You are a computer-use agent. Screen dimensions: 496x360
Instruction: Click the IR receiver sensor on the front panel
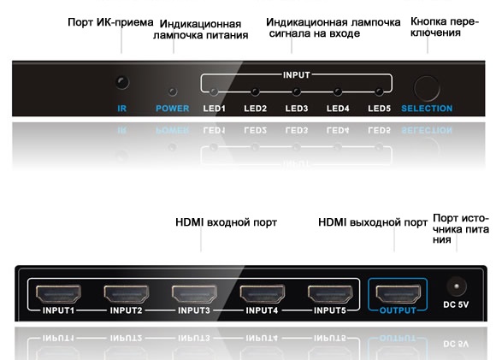[x=122, y=83]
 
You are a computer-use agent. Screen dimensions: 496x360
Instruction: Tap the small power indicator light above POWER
[x=173, y=91]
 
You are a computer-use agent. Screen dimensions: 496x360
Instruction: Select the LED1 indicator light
[x=214, y=92]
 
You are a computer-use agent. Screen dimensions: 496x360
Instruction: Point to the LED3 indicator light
[x=297, y=92]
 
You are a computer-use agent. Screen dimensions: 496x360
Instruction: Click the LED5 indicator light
[x=379, y=92]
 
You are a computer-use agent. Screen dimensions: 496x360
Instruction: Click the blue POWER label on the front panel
[x=173, y=109]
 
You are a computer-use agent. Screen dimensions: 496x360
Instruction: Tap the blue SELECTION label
[x=427, y=109]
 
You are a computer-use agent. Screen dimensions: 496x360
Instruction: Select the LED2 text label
[x=256, y=109]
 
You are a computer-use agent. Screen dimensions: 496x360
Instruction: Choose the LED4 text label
[x=338, y=109]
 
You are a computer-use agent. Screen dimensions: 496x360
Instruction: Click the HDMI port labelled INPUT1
[x=58, y=293]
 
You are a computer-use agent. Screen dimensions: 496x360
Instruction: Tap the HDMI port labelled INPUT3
[x=194, y=293]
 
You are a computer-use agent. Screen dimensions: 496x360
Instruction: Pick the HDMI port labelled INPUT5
[x=330, y=293]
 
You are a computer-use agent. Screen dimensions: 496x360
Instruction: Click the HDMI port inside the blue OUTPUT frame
[x=399, y=293]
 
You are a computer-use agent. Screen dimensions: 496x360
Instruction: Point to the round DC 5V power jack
[x=457, y=286]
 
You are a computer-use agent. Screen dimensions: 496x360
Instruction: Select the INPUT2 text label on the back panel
[x=126, y=310]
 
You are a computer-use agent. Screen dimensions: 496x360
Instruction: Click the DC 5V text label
[x=456, y=304]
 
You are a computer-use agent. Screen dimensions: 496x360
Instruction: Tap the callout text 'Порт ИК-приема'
[x=110, y=22]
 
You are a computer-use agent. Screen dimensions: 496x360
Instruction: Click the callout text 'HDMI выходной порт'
[x=373, y=222]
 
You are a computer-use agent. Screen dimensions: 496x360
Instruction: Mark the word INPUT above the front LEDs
[x=297, y=75]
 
